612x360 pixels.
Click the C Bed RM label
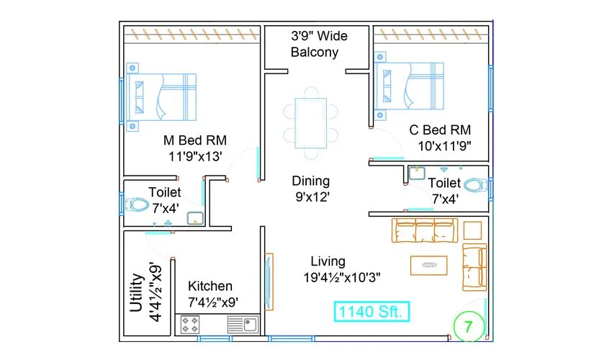pos(439,130)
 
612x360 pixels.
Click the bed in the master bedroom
pos(162,96)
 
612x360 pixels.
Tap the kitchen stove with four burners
pos(190,325)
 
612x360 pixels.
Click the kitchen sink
pos(243,325)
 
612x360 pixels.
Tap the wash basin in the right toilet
pos(416,173)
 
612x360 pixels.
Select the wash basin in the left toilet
pos(194,219)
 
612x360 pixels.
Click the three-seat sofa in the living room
pos(425,230)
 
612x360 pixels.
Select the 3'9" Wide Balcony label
pos(314,43)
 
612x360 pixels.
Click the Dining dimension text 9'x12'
pos(311,196)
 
